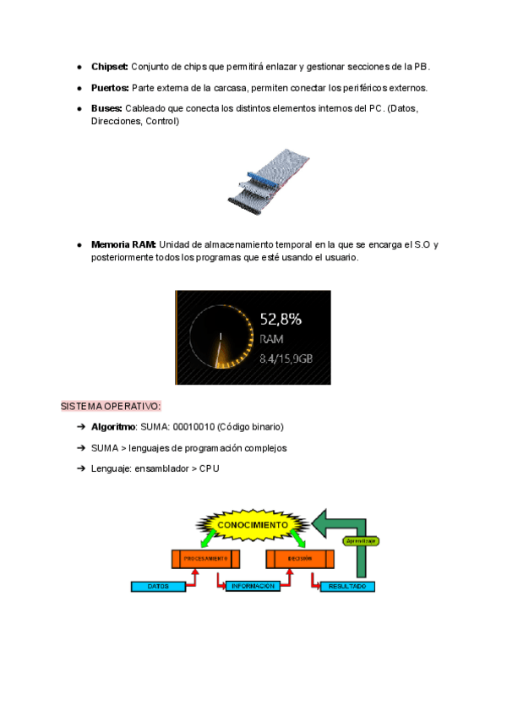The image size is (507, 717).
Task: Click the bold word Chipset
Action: [x=110, y=66]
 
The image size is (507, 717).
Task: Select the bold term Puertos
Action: [x=110, y=87]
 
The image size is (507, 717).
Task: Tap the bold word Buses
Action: [x=107, y=108]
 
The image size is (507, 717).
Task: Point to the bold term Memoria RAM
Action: [x=123, y=244]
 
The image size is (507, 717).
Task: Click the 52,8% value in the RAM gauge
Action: [x=281, y=320]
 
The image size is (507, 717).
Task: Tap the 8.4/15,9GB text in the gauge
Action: [x=286, y=358]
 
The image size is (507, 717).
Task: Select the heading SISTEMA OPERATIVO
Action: [x=111, y=407]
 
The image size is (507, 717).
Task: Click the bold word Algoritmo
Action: [x=113, y=427]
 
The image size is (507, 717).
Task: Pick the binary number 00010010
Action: [x=194, y=427]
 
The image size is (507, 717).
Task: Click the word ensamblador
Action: [x=164, y=468]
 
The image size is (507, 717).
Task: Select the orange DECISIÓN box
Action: [x=299, y=559]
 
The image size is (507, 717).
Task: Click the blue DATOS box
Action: [x=158, y=585]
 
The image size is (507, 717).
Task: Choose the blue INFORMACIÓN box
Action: [x=253, y=585]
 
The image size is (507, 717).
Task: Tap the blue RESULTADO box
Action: [x=346, y=585]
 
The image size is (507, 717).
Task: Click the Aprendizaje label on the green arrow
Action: [x=360, y=540]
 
